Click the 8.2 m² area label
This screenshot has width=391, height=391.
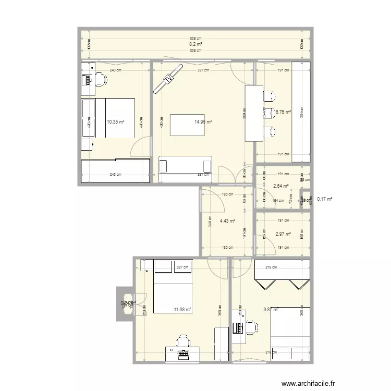195,44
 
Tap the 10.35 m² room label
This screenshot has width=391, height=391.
115,122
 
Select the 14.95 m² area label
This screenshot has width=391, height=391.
203,122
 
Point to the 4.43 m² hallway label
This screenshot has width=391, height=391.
227,221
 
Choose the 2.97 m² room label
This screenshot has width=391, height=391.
282,234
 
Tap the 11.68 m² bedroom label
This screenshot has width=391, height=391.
182,309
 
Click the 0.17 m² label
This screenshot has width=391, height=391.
325,199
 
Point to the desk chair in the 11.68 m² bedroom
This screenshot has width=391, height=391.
183,340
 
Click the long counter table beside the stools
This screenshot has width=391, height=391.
254,113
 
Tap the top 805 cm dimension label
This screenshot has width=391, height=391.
195,39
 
